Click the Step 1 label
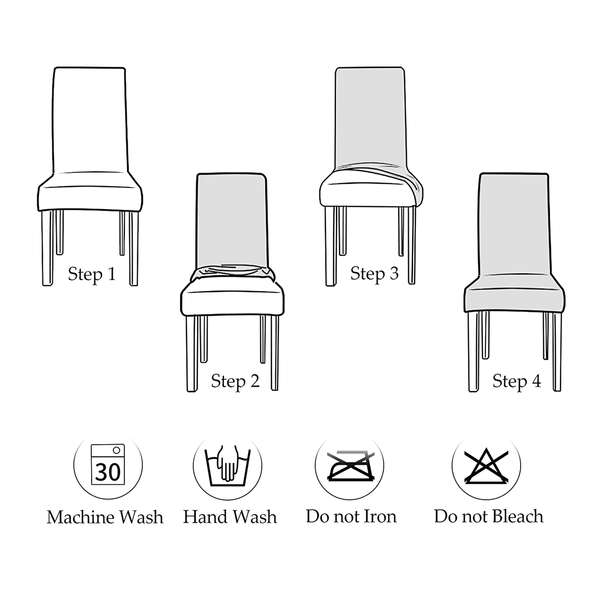[92, 274]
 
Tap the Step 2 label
[235, 381]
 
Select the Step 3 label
[374, 273]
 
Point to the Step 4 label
[517, 381]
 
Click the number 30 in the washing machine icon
[108, 472]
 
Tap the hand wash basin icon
[227, 466]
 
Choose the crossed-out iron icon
[350, 466]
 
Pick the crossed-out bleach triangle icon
[486, 466]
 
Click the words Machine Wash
[105, 517]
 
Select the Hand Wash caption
[230, 517]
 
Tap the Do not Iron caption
[351, 516]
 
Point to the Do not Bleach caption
[489, 516]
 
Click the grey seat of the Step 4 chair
[514, 294]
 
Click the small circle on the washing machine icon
[116, 450]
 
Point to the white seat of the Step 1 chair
[90, 192]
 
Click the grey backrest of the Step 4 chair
[514, 223]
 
